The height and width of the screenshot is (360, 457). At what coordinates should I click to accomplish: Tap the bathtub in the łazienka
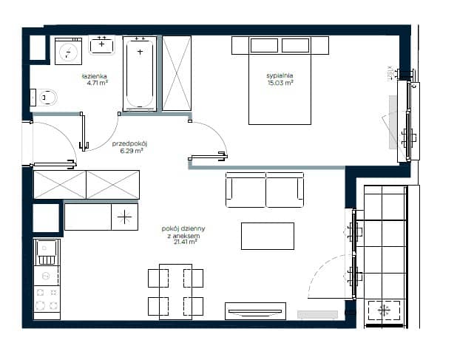(140, 73)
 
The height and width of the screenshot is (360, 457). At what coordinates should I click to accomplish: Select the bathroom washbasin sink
(101, 45)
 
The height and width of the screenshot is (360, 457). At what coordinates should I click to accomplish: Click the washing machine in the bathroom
(69, 51)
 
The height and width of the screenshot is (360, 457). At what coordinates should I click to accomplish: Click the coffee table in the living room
(268, 236)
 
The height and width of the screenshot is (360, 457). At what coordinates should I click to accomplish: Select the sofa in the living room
(265, 190)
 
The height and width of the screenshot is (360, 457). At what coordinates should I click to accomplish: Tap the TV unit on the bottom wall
(255, 311)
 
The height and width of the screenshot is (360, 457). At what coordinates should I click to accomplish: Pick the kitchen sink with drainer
(47, 252)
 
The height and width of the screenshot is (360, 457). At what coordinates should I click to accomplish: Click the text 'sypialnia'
(280, 75)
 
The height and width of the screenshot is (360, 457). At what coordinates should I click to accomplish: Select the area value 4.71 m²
(98, 83)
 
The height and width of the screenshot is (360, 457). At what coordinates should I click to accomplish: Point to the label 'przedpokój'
(130, 143)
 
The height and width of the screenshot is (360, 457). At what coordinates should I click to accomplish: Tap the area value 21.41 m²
(185, 242)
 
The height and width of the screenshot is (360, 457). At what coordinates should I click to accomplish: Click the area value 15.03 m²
(280, 83)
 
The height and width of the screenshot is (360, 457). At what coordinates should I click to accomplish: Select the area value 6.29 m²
(132, 151)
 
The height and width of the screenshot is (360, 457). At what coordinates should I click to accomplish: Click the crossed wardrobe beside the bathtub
(177, 73)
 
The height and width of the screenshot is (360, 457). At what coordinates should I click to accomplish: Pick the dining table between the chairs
(175, 292)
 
